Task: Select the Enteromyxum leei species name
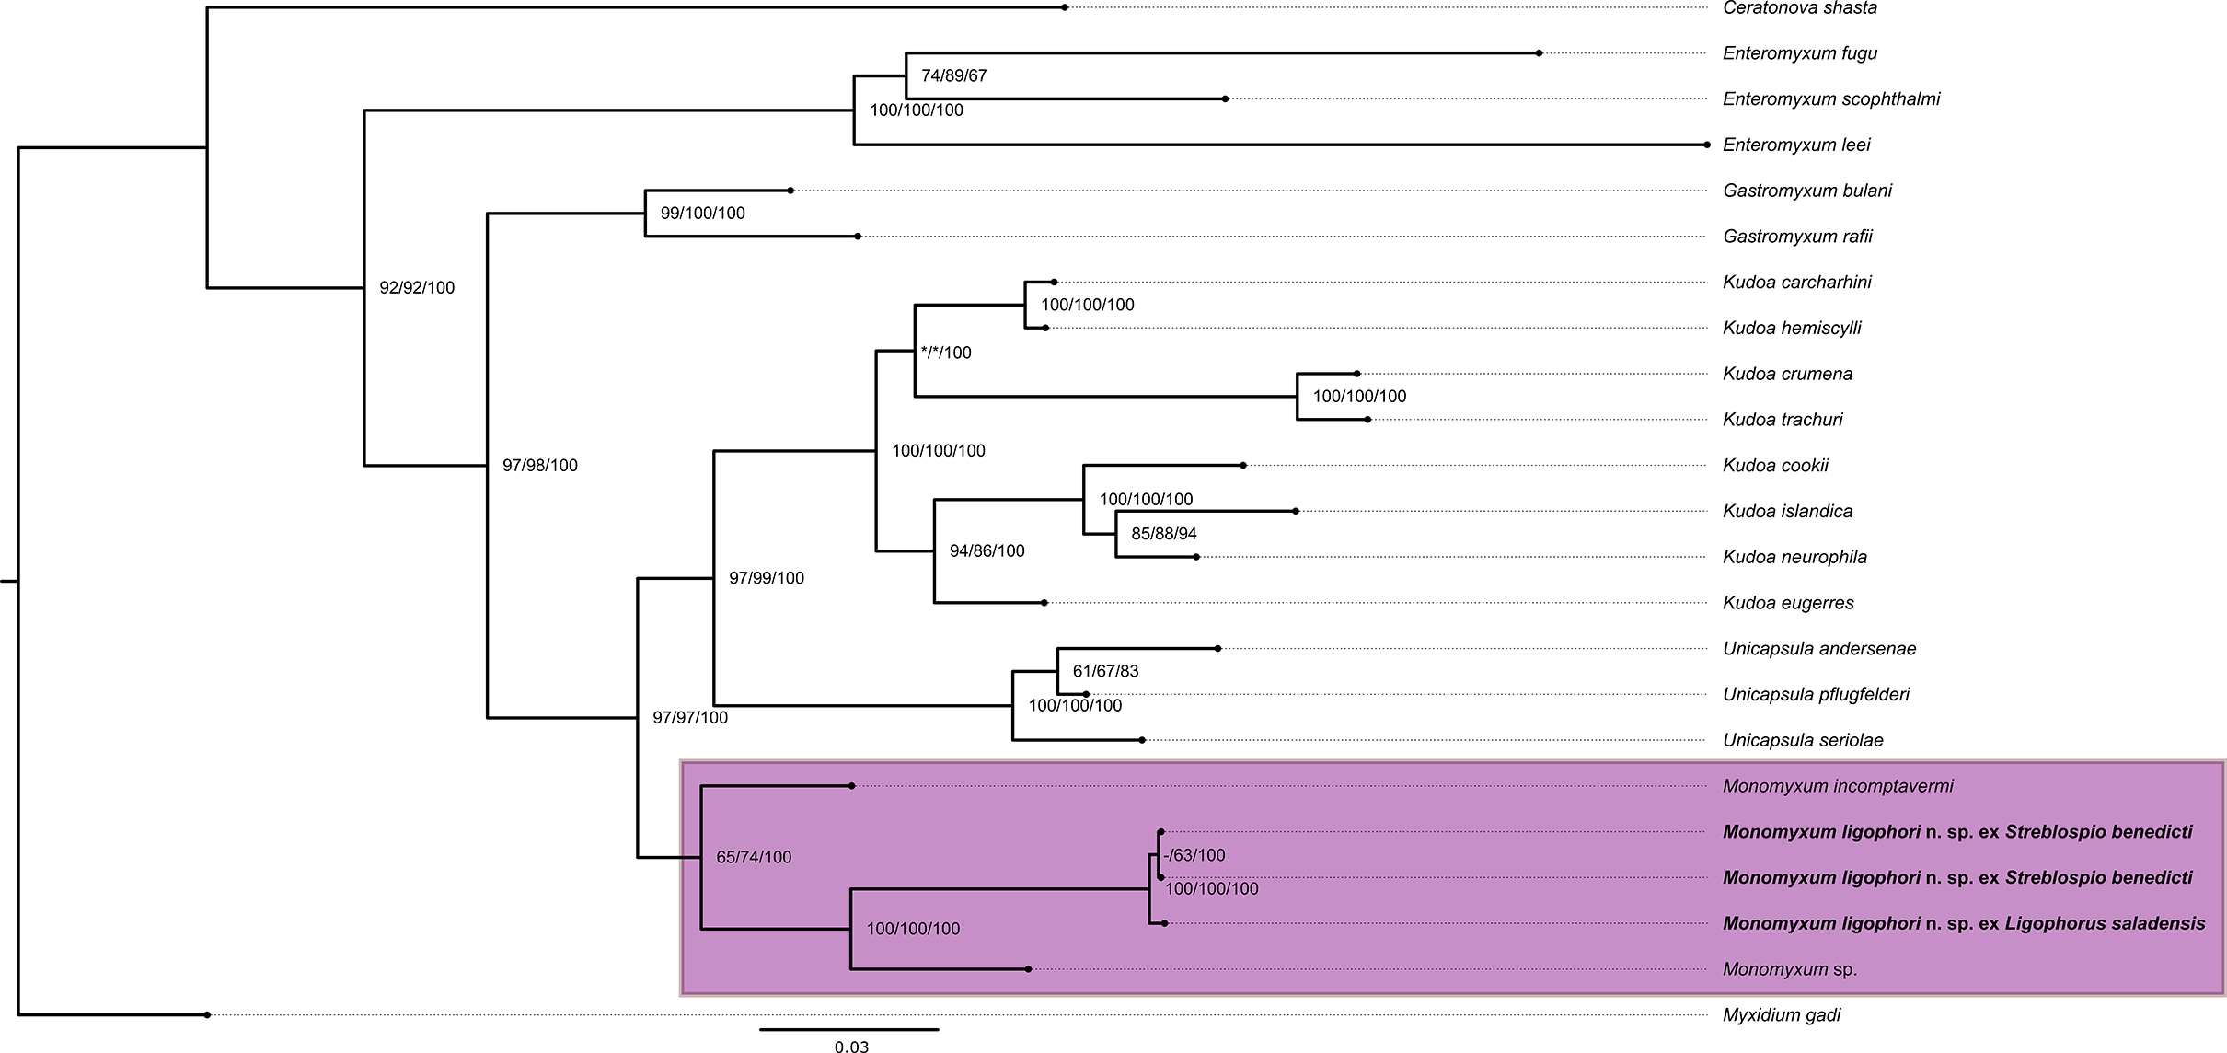click(x=1796, y=145)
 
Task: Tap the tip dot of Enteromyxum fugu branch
click(x=1539, y=53)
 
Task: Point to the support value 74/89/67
click(x=953, y=75)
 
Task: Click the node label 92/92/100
click(x=417, y=287)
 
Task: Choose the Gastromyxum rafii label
click(x=1797, y=237)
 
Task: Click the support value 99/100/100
click(x=702, y=213)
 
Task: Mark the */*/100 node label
click(x=945, y=353)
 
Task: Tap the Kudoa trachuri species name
click(x=1783, y=420)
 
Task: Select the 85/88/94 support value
click(x=1163, y=533)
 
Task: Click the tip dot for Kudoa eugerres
click(x=1044, y=603)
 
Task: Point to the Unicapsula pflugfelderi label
click(x=1816, y=694)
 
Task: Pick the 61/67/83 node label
click(x=1105, y=671)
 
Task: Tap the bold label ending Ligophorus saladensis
click(x=1964, y=923)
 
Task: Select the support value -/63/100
click(x=1194, y=855)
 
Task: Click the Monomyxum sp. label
click(x=1790, y=969)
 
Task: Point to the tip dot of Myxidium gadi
click(x=208, y=1014)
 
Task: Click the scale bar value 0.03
click(x=851, y=1047)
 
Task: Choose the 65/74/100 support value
click(x=754, y=857)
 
